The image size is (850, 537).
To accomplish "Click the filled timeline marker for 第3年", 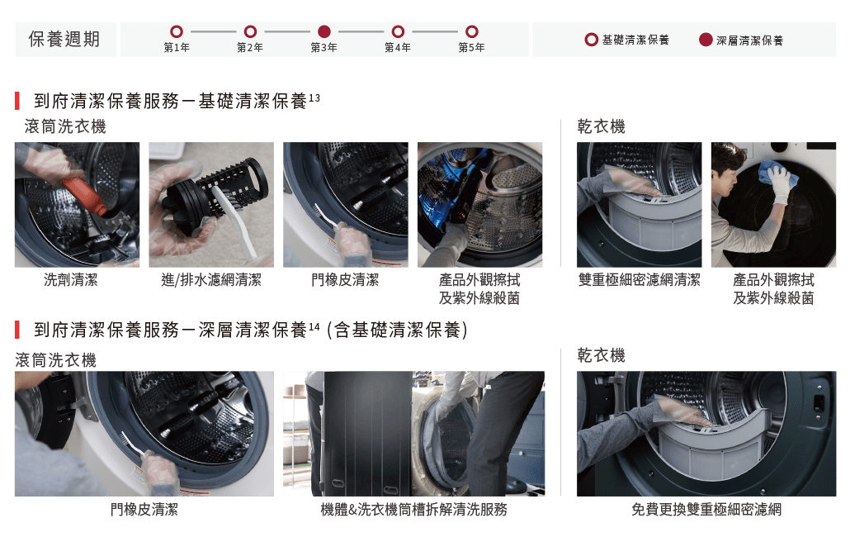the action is click(x=324, y=31).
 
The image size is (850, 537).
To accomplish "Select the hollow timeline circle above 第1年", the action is click(x=176, y=31).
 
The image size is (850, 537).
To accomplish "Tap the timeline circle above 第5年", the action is click(x=471, y=31).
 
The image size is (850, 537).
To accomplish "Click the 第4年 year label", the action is click(x=397, y=48).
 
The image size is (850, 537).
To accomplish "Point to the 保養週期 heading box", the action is click(x=65, y=39).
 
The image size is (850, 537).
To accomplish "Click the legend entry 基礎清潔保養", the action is click(x=635, y=40).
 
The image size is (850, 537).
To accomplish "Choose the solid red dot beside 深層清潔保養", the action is click(x=706, y=40).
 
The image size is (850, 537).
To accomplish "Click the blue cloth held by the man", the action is click(x=776, y=173).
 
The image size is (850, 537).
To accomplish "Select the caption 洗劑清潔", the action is click(x=70, y=280).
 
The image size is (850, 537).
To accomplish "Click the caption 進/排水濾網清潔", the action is click(x=211, y=280).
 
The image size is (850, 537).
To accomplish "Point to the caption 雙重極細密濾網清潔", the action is click(x=639, y=280).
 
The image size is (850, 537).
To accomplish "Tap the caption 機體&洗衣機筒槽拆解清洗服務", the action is click(x=413, y=510).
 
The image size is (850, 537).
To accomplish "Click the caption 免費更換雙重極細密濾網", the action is click(x=706, y=510).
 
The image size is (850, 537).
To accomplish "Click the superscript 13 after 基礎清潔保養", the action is click(x=314, y=98).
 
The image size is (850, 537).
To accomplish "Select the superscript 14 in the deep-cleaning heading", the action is click(x=314, y=327).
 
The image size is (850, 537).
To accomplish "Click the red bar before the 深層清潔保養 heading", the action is click(x=17, y=330).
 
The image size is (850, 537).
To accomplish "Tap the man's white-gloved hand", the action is click(x=778, y=183).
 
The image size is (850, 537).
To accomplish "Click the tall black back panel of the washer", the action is click(x=367, y=434).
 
